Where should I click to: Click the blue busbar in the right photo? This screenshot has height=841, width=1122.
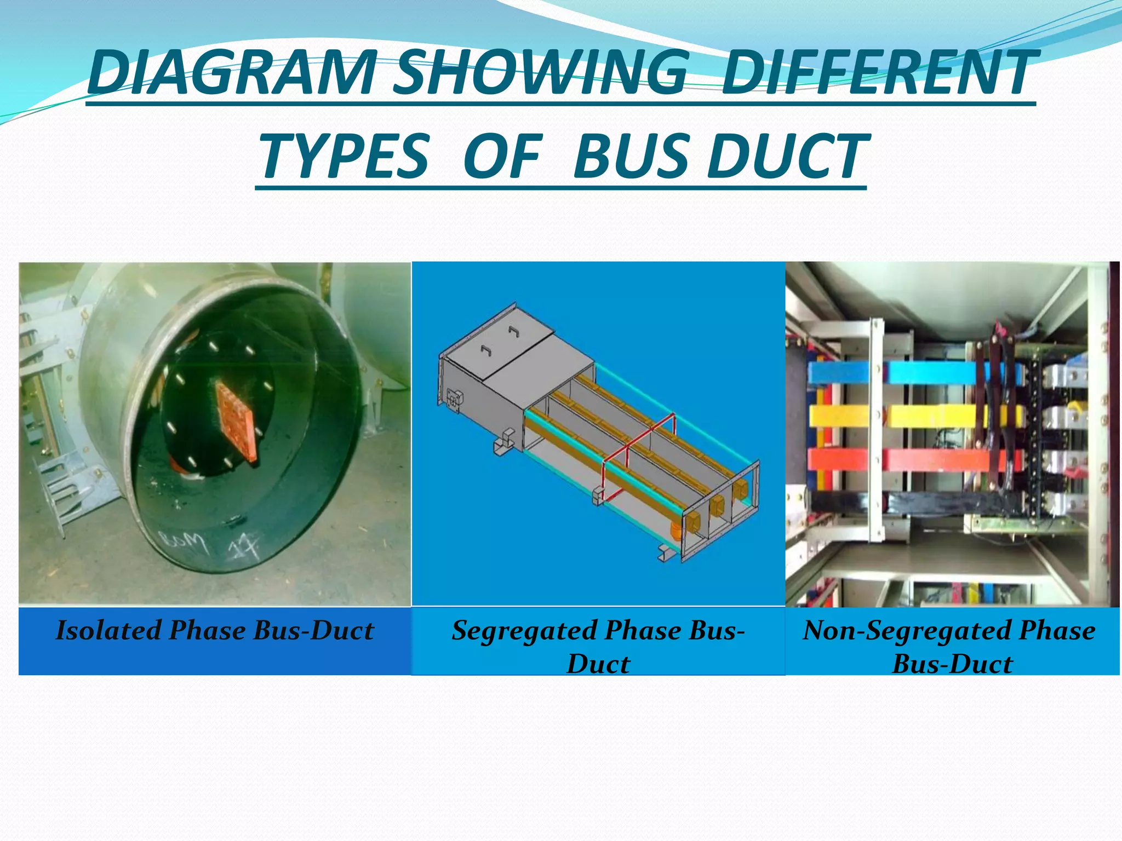point(931,373)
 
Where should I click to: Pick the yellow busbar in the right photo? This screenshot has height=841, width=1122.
point(931,416)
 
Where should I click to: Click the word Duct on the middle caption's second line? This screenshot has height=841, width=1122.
point(598,664)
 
